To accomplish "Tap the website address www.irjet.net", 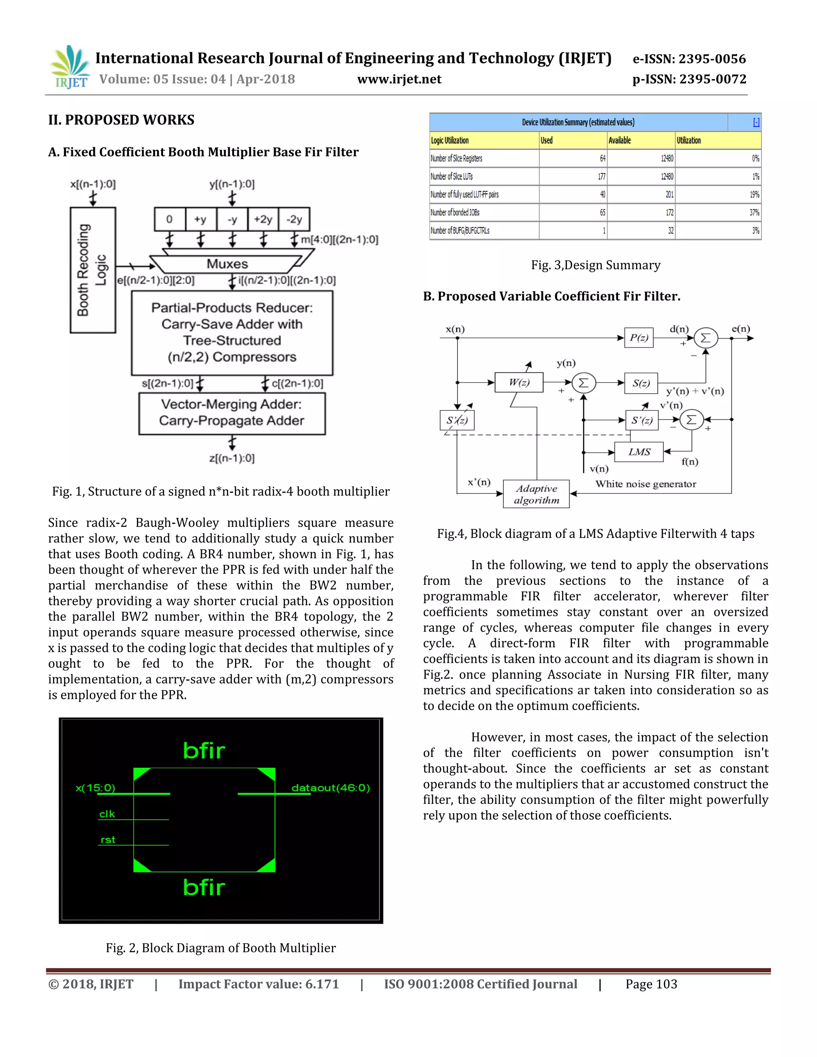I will tap(399, 79).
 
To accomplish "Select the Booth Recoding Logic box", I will tap(93, 270).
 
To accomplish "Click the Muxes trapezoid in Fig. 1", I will tap(227, 264).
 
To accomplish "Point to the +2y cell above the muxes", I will tap(263, 219).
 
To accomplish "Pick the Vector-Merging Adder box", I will tap(232, 413).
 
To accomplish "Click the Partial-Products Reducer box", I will tap(232, 333).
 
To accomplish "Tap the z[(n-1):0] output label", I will tap(232, 458).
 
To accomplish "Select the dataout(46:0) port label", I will tap(331, 787).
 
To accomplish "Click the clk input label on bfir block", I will tap(107, 814).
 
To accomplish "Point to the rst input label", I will tap(108, 840).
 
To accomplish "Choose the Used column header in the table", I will tap(547, 140).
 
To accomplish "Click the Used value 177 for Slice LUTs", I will tap(601, 177).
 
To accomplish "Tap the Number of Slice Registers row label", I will tap(456, 158).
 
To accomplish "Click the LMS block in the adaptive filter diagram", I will tap(639, 452).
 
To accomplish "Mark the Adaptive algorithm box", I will tap(536, 494).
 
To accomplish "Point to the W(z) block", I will tap(519, 383).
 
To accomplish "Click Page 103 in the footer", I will tap(651, 984).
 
